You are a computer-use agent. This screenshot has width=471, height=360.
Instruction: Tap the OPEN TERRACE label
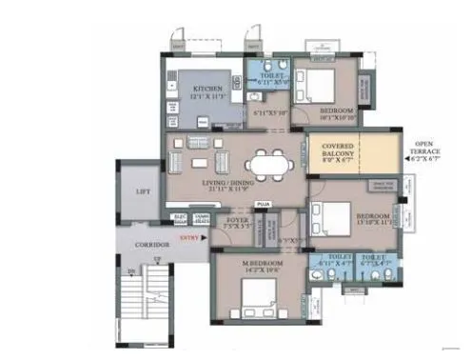(x=423, y=146)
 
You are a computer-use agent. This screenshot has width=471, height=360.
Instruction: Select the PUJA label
(x=265, y=202)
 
